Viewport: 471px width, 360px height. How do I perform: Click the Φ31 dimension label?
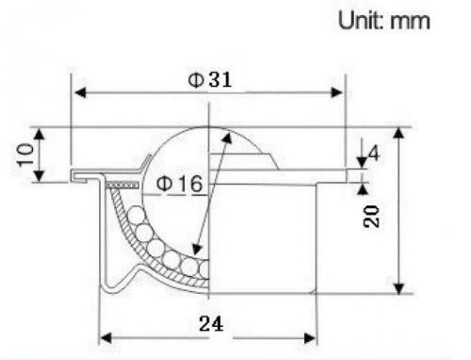pyautogui.click(x=210, y=80)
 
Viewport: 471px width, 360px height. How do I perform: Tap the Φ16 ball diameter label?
pyautogui.click(x=180, y=184)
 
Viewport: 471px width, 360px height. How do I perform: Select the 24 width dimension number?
pyautogui.click(x=211, y=323)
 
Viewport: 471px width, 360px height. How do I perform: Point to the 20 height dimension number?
pyautogui.click(x=371, y=216)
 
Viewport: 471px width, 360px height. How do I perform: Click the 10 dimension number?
pyautogui.click(x=25, y=155)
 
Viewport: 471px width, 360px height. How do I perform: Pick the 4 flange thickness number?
pyautogui.click(x=374, y=154)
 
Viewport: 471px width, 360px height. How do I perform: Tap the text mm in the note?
pyautogui.click(x=410, y=22)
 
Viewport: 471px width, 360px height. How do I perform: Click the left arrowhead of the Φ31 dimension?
pyautogui.click(x=80, y=92)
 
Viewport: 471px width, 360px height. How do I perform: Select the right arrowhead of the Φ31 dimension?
pyautogui.click(x=337, y=92)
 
